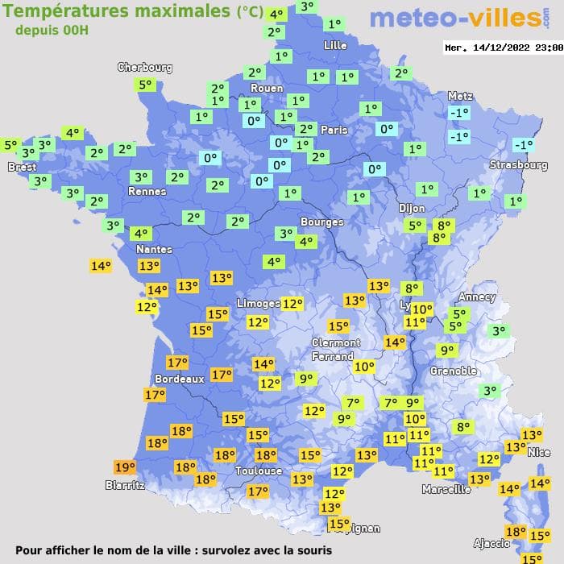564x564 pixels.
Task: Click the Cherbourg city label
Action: [145, 68]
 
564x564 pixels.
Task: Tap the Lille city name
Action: [335, 45]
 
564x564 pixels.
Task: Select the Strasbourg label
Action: [519, 165]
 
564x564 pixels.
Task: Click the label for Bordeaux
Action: [179, 379]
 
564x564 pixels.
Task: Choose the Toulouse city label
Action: [259, 471]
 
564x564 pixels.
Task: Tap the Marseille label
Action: [446, 489]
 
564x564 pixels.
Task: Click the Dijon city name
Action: [412, 208]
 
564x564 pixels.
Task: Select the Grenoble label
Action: [454, 371]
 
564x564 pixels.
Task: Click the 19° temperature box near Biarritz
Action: [125, 467]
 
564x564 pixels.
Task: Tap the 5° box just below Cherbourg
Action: [145, 85]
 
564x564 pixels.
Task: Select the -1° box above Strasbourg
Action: [524, 145]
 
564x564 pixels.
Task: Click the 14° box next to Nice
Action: [539, 483]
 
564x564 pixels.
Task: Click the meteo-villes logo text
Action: [455, 18]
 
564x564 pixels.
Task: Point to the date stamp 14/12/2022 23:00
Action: [503, 48]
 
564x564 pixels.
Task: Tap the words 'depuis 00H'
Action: [52, 30]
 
